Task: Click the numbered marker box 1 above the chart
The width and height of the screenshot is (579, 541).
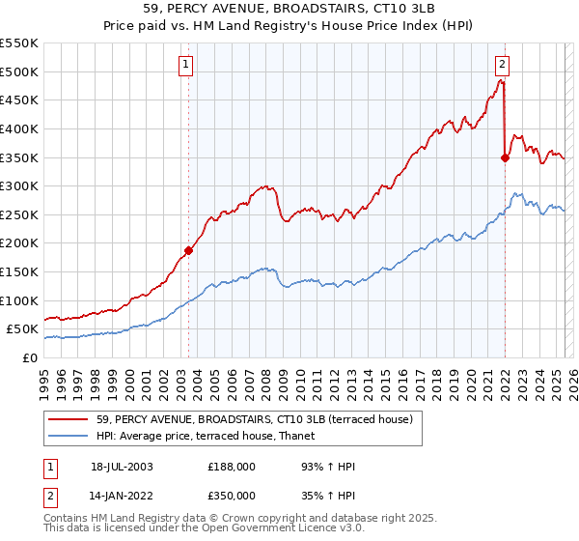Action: click(184, 66)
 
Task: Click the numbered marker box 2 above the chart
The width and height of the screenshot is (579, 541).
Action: click(503, 66)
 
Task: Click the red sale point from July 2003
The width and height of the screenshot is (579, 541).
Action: click(189, 250)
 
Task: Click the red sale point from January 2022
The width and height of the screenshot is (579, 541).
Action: click(505, 157)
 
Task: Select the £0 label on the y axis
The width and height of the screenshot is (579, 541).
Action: click(29, 357)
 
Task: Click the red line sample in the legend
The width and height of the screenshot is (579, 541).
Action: click(68, 419)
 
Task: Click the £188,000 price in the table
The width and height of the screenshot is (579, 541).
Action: click(232, 467)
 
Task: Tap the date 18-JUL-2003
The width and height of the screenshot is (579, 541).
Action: click(123, 467)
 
